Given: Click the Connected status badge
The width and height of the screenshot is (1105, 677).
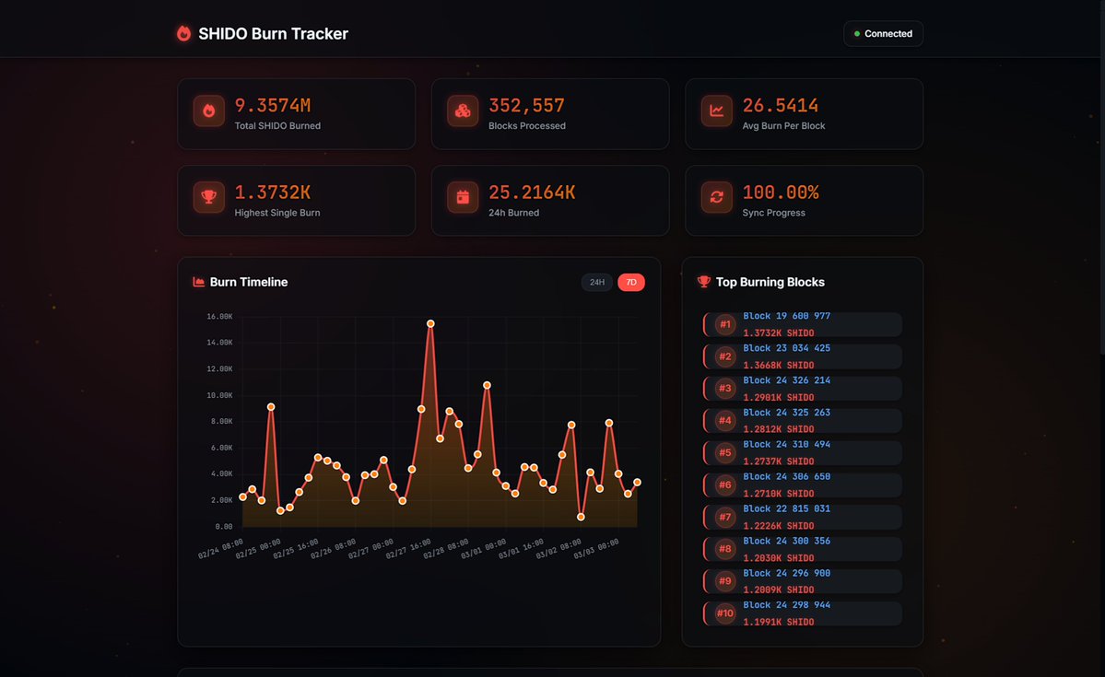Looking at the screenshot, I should [883, 34].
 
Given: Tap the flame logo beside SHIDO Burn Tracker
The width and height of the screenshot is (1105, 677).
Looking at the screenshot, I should [183, 34].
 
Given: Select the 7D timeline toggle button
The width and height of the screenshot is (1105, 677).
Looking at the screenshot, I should [631, 283].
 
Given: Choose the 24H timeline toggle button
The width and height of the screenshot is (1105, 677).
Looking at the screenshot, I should [596, 283].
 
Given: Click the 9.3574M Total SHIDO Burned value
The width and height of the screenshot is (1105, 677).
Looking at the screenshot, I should [272, 106].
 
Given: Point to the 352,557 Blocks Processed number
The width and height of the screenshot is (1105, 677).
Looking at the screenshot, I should [526, 106].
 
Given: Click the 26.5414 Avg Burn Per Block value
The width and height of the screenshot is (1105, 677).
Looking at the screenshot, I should [780, 106].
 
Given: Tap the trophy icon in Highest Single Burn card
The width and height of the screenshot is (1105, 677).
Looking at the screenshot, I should [209, 197].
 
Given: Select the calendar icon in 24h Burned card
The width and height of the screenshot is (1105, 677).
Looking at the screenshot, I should [463, 197].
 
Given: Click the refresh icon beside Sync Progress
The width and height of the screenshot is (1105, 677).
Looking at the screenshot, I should [716, 197].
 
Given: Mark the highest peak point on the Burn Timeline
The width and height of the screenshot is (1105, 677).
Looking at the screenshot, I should [430, 323].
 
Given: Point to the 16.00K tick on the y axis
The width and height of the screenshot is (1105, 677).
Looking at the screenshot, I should [219, 317].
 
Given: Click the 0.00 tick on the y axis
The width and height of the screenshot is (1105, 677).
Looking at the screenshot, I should [224, 527].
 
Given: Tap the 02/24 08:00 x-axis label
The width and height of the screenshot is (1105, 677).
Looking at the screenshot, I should [221, 549].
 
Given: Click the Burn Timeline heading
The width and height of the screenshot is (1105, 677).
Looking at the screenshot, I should [248, 283].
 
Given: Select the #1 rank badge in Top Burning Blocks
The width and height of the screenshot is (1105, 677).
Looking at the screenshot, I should [725, 324].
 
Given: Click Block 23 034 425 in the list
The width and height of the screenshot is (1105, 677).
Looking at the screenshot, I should [786, 348].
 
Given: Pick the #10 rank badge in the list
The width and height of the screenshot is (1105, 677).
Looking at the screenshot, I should [725, 613].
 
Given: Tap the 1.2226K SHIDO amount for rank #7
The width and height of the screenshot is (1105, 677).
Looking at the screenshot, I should [778, 526].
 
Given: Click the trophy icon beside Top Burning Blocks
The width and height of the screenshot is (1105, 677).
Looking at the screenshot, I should [704, 282].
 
